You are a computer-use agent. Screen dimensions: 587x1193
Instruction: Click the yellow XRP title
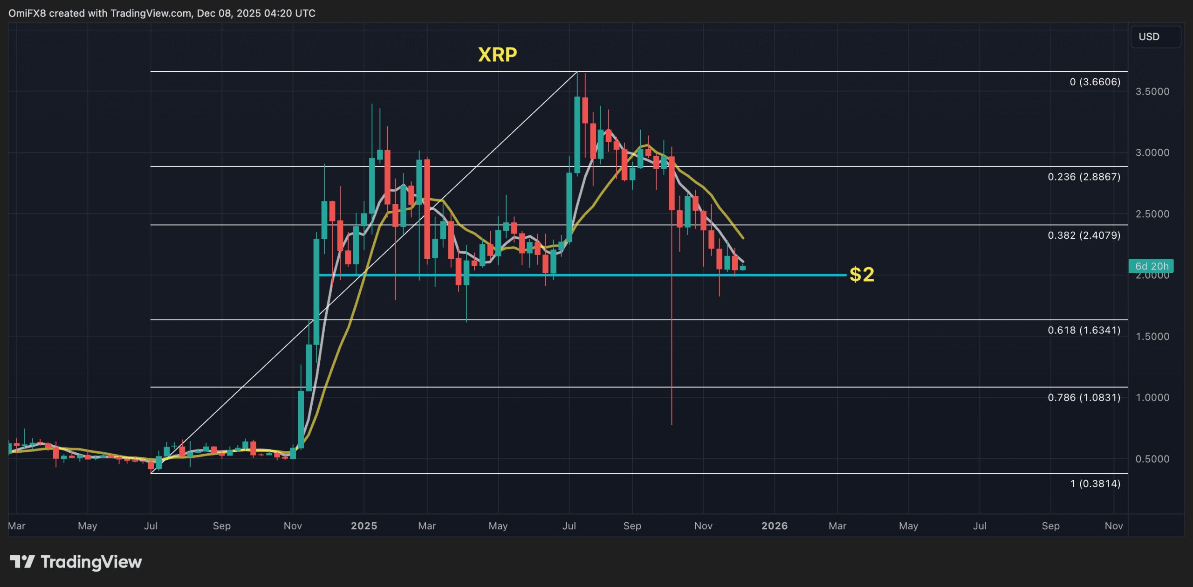click(497, 55)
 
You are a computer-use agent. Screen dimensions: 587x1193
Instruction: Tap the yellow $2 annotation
click(862, 275)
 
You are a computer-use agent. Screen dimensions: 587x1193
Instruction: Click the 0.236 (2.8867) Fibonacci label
click(1084, 177)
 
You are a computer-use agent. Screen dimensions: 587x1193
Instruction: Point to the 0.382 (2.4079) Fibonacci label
click(1084, 235)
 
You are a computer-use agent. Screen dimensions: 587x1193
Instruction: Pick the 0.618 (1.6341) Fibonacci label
click(1084, 330)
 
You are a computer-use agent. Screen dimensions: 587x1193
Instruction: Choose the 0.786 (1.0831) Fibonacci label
click(1084, 397)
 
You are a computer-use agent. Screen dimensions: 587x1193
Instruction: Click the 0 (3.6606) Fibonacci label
click(1095, 82)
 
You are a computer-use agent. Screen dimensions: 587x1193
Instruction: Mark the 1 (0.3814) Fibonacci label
click(1095, 483)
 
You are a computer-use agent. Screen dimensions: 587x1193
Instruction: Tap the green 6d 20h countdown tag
click(1152, 266)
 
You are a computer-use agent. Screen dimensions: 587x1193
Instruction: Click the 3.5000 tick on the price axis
click(1152, 91)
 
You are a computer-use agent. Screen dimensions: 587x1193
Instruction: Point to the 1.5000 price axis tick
click(1152, 337)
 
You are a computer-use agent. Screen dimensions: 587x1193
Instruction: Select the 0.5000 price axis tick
click(1152, 459)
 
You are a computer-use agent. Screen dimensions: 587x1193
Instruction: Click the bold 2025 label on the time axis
click(364, 526)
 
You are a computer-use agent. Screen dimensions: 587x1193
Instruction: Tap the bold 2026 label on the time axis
click(775, 526)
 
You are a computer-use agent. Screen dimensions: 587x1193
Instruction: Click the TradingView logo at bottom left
click(76, 562)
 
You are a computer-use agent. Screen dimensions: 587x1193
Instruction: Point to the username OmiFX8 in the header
click(27, 13)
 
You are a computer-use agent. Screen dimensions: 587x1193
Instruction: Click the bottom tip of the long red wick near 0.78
click(672, 423)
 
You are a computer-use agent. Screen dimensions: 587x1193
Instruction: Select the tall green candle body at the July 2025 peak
click(577, 135)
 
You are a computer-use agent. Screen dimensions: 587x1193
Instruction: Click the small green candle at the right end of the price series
click(743, 268)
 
